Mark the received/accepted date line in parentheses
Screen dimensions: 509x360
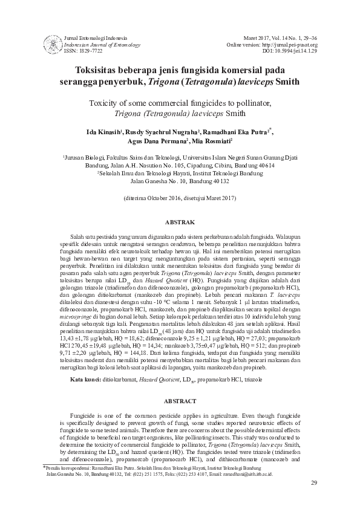179,198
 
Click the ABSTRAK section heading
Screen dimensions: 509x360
180,222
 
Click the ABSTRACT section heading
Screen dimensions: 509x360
180,401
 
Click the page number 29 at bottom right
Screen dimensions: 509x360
313,499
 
